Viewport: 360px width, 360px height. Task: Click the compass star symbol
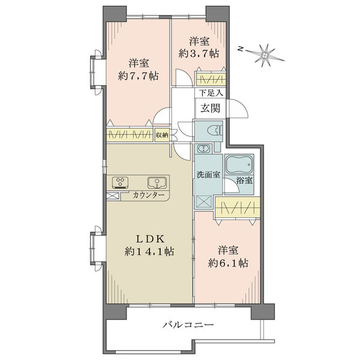tap(266, 55)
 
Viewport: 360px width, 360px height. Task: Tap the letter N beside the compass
tap(241, 49)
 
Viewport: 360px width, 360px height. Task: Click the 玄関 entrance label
tap(211, 108)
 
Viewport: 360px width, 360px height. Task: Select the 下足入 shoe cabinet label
tap(211, 93)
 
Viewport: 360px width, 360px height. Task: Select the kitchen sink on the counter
tap(157, 183)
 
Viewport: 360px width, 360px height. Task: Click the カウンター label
tap(149, 196)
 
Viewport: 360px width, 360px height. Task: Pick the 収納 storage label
tap(162, 135)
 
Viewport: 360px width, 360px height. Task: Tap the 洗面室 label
tap(208, 175)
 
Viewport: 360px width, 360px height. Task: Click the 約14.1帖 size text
tap(149, 252)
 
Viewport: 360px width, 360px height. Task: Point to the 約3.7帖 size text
tap(199, 54)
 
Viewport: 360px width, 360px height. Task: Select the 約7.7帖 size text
tap(139, 76)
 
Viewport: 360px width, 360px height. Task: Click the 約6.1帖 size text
tap(228, 263)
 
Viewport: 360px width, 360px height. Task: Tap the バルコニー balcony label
tap(188, 325)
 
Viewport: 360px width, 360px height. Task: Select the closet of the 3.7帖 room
tap(211, 79)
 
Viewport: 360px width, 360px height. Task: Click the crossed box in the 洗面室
tap(203, 202)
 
